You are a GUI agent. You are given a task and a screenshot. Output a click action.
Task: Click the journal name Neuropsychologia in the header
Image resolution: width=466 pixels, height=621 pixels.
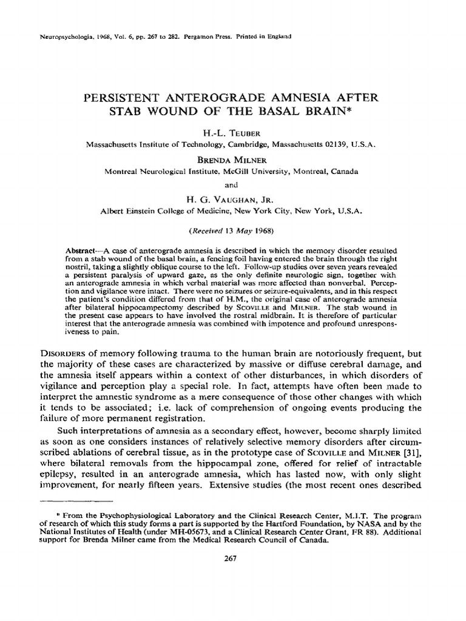tap(58, 36)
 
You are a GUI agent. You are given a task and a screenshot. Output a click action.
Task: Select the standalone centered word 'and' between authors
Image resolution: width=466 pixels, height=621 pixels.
tap(232, 185)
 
